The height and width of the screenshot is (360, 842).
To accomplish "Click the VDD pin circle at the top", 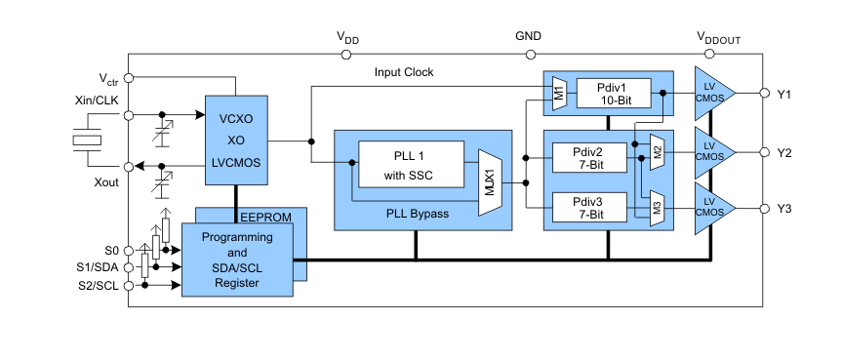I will (347, 55).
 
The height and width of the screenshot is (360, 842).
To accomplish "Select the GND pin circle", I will (528, 55).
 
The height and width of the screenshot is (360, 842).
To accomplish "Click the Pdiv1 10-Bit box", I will (617, 93).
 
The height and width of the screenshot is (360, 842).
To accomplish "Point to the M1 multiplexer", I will (559, 93).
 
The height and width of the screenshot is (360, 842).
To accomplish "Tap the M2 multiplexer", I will (658, 151).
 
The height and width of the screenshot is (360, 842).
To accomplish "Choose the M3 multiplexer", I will (658, 206).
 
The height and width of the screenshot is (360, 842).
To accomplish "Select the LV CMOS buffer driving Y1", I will (711, 94).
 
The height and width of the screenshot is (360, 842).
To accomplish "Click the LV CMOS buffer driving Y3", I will (711, 208).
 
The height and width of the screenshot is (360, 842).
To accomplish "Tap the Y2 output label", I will (784, 152).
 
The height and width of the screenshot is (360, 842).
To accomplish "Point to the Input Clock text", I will (404, 72).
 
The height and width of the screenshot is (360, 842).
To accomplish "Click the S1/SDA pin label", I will (98, 266).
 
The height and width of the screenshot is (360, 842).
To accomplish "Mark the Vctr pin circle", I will (128, 78).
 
